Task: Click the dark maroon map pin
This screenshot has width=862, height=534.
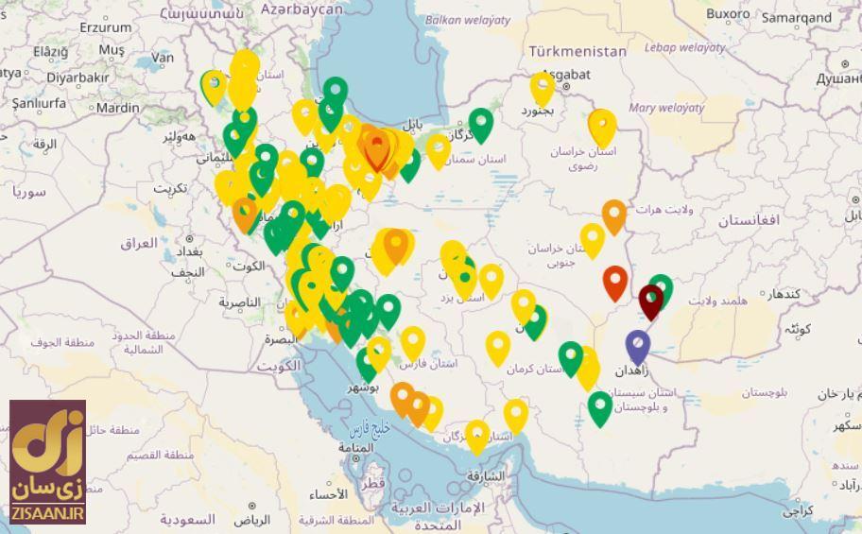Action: (650, 301)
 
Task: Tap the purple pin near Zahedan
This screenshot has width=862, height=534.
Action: (638, 345)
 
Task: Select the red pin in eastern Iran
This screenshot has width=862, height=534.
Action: (615, 281)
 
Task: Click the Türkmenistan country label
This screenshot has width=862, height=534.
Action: (578, 51)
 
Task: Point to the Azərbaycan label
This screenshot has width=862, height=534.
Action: (302, 9)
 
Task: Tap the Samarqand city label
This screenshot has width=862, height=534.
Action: (796, 17)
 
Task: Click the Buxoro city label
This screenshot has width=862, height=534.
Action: (727, 13)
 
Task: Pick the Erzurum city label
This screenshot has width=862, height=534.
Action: (105, 27)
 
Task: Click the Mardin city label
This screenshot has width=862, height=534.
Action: (117, 108)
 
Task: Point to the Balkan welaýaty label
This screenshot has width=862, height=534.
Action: (468, 19)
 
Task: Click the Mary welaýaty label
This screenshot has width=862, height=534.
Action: (666, 108)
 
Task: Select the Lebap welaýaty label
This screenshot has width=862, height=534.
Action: (685, 47)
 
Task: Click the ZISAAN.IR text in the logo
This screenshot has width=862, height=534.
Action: (49, 513)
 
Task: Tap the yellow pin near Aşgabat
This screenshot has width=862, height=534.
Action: (542, 87)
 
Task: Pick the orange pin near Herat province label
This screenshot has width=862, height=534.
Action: (613, 215)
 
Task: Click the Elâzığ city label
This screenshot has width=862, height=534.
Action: (51, 52)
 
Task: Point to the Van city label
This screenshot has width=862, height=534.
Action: (163, 57)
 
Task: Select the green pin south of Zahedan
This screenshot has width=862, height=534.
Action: (599, 407)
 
